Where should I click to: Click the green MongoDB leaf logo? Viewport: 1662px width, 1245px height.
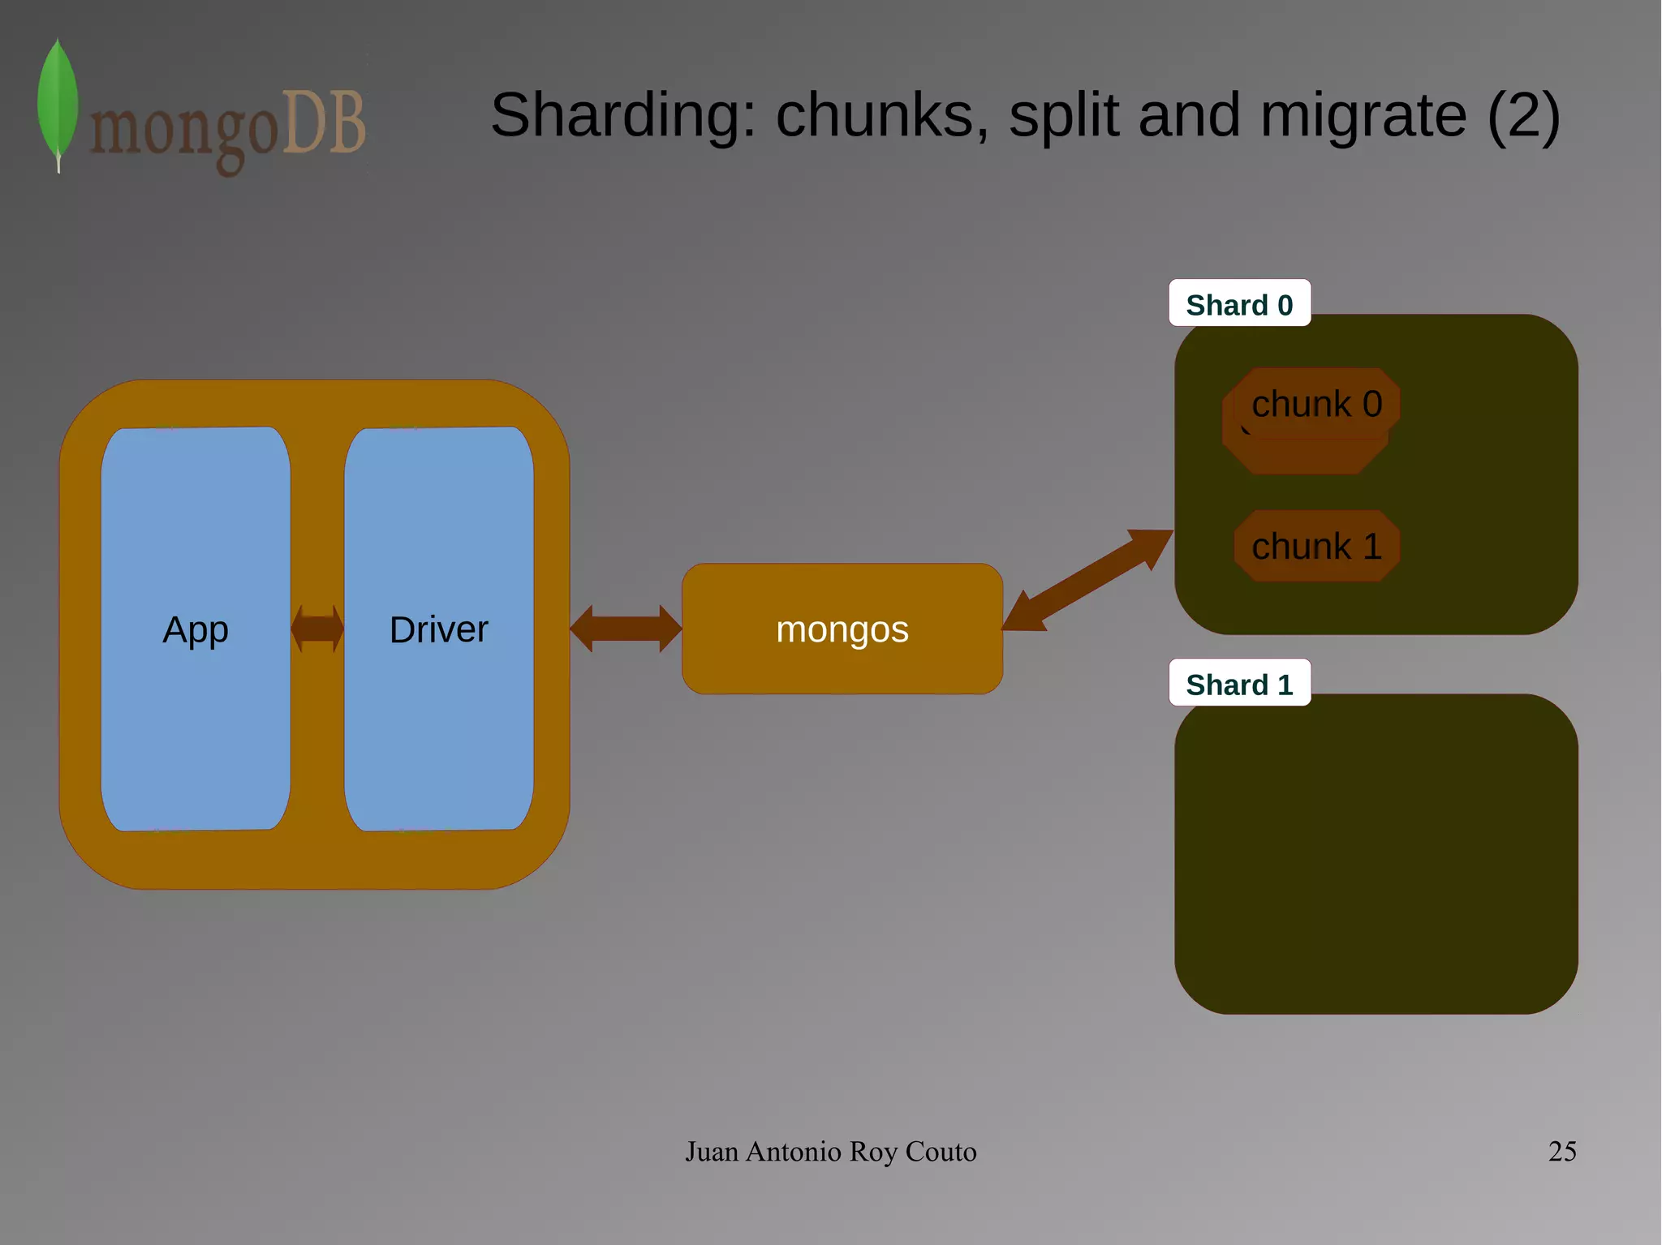[x=58, y=101]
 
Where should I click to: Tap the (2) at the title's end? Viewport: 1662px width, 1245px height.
[x=1523, y=116]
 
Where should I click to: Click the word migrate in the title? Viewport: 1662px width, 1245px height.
[x=1363, y=116]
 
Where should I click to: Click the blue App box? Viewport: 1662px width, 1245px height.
[x=196, y=629]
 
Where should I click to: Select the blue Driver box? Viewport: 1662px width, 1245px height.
[x=439, y=629]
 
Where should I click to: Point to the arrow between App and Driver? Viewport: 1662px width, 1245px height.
[x=317, y=629]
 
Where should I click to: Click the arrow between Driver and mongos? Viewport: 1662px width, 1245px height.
[x=626, y=629]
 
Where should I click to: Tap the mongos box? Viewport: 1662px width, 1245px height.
[x=842, y=629]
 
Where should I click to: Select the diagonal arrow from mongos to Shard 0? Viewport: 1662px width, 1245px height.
[x=1087, y=581]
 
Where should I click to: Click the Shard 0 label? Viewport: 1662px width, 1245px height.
[x=1239, y=305]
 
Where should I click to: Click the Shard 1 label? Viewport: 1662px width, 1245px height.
[x=1239, y=685]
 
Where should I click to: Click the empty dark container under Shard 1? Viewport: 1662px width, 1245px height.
[x=1376, y=860]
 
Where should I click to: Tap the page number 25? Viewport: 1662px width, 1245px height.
[x=1561, y=1151]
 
